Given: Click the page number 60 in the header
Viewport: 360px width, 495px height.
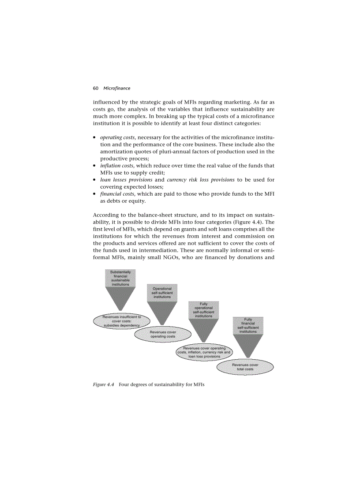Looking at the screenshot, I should [x=95, y=88].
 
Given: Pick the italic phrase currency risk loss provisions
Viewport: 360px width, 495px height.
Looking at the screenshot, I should [x=200, y=180].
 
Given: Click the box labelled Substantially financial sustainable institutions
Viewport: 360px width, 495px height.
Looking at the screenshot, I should [x=120, y=278].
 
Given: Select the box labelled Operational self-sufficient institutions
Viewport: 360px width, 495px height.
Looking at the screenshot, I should [x=162, y=293].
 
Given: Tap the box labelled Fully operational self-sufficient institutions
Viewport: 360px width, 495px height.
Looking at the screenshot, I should [x=203, y=310].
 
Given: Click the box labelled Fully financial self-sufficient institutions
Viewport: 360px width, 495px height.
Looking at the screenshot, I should [x=248, y=325].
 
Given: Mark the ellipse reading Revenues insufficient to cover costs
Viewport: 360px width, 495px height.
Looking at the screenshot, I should [x=121, y=321].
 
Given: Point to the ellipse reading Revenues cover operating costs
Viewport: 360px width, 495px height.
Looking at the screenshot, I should [x=163, y=334].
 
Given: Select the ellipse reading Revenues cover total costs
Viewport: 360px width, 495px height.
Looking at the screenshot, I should [x=245, y=367].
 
